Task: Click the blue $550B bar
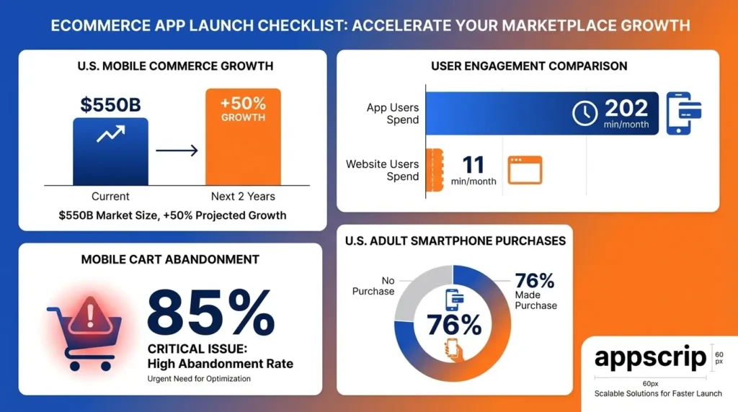(x=110, y=151)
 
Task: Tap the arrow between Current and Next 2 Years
(x=177, y=151)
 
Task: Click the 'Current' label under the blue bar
(x=110, y=196)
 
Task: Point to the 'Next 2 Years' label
(x=243, y=196)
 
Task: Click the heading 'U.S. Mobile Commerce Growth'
(x=174, y=66)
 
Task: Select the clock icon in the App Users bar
(x=584, y=113)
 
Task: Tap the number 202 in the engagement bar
(x=626, y=108)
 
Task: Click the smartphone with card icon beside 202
(x=683, y=113)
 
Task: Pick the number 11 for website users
(x=473, y=164)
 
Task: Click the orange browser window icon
(x=525, y=170)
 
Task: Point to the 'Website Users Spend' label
(x=383, y=170)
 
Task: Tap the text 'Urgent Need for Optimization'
(x=199, y=378)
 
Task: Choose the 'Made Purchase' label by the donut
(x=535, y=300)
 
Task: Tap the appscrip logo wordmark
(x=650, y=359)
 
